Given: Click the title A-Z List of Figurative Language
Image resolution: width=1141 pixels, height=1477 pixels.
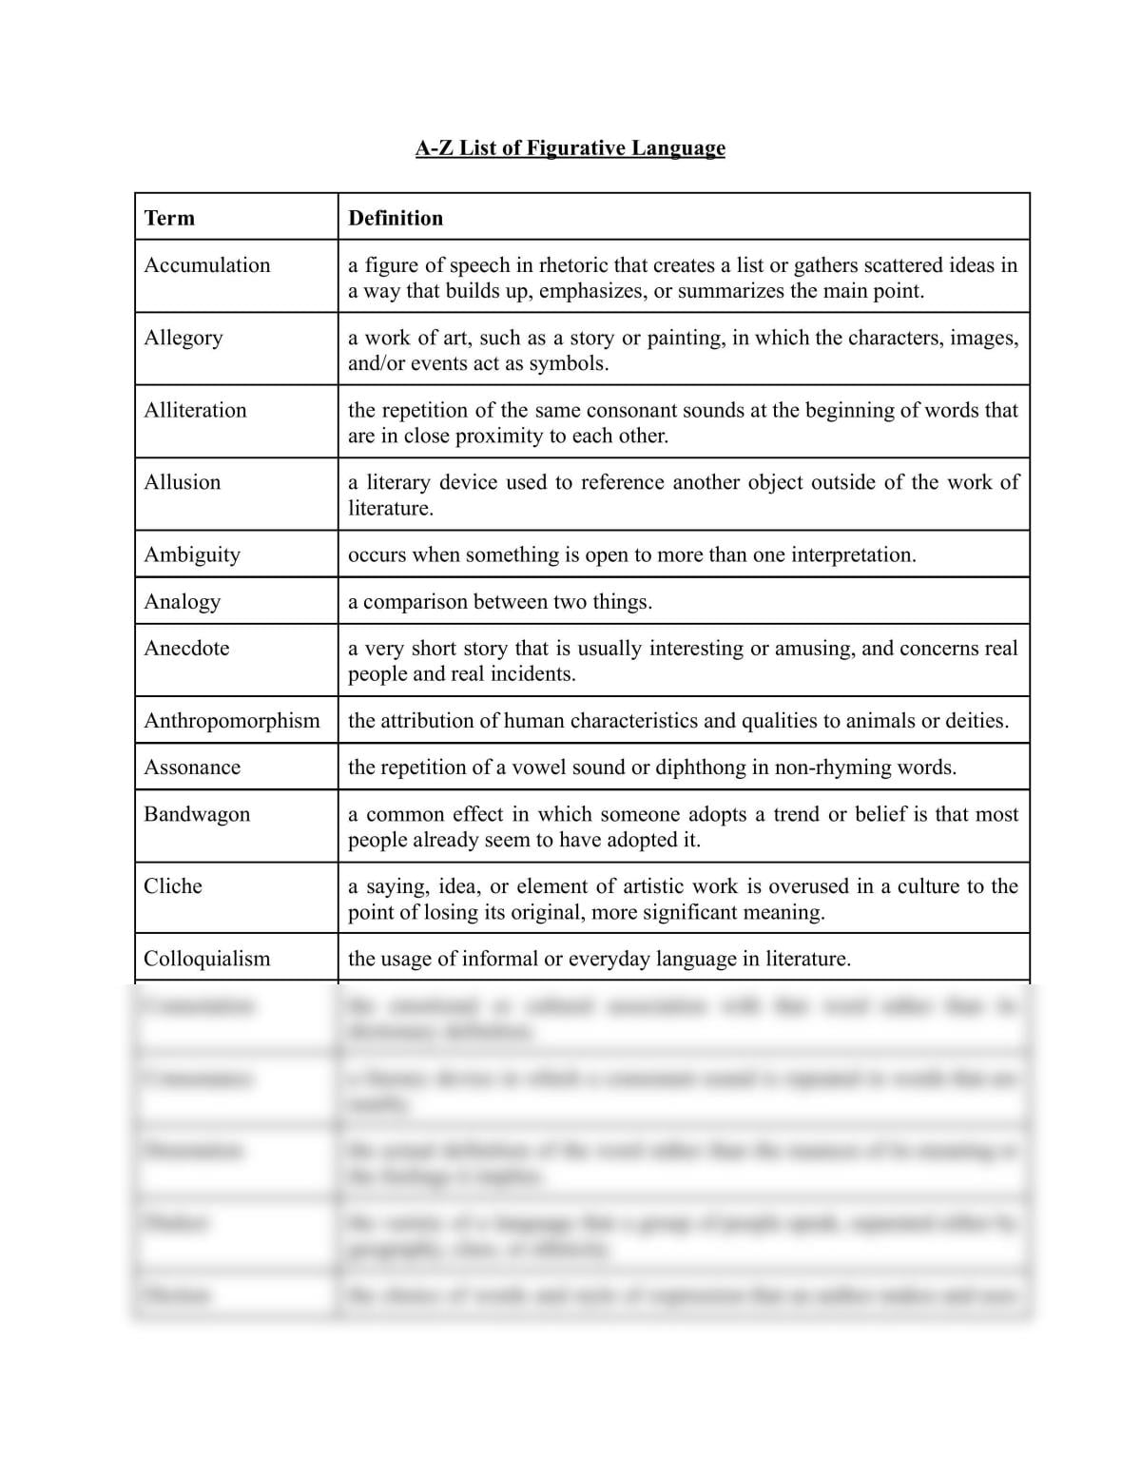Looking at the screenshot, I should (x=570, y=148).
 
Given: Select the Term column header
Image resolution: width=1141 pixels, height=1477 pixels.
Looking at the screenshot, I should (x=169, y=218).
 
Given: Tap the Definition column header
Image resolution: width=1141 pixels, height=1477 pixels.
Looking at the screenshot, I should (x=396, y=218).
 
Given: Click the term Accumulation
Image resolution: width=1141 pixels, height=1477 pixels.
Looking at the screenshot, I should (x=207, y=265).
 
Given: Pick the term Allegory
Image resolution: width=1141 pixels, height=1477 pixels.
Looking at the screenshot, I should (x=184, y=338).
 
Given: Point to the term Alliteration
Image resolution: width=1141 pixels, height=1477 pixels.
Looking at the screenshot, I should (x=195, y=410).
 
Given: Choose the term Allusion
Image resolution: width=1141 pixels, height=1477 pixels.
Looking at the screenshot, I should (x=183, y=482).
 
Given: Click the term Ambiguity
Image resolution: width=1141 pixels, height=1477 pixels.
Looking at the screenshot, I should (x=192, y=554).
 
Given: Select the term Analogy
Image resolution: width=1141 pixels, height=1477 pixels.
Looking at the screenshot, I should (x=183, y=601).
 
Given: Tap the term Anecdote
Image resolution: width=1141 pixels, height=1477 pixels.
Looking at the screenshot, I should (x=186, y=648).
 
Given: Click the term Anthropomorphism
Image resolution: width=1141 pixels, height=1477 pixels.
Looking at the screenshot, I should (x=232, y=720).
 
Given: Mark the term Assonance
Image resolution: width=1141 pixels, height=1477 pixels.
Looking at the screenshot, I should (x=192, y=767).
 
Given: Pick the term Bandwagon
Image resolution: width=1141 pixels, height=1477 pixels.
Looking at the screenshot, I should (x=197, y=814).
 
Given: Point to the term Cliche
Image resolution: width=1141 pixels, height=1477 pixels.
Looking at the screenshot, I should (x=173, y=886).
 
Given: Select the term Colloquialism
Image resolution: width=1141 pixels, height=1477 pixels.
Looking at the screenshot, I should (x=207, y=959).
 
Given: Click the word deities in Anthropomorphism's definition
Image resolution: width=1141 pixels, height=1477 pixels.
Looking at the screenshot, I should (x=977, y=720).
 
